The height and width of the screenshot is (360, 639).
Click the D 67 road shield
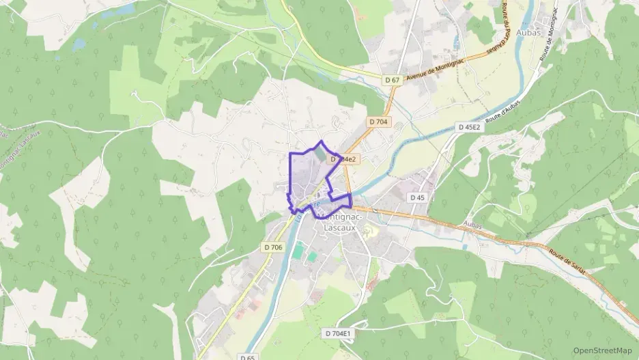(392, 80)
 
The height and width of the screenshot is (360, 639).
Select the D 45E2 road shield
(470, 127)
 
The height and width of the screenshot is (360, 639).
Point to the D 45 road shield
(418, 197)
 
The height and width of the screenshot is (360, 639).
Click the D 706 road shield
(272, 247)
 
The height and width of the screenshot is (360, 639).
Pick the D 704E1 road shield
(339, 333)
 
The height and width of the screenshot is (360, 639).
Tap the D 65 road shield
(247, 357)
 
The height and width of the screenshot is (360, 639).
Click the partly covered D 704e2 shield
(345, 158)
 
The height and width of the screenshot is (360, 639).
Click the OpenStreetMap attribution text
(602, 350)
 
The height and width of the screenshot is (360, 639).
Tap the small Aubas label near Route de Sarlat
(472, 225)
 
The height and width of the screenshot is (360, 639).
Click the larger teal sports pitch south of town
(298, 249)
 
